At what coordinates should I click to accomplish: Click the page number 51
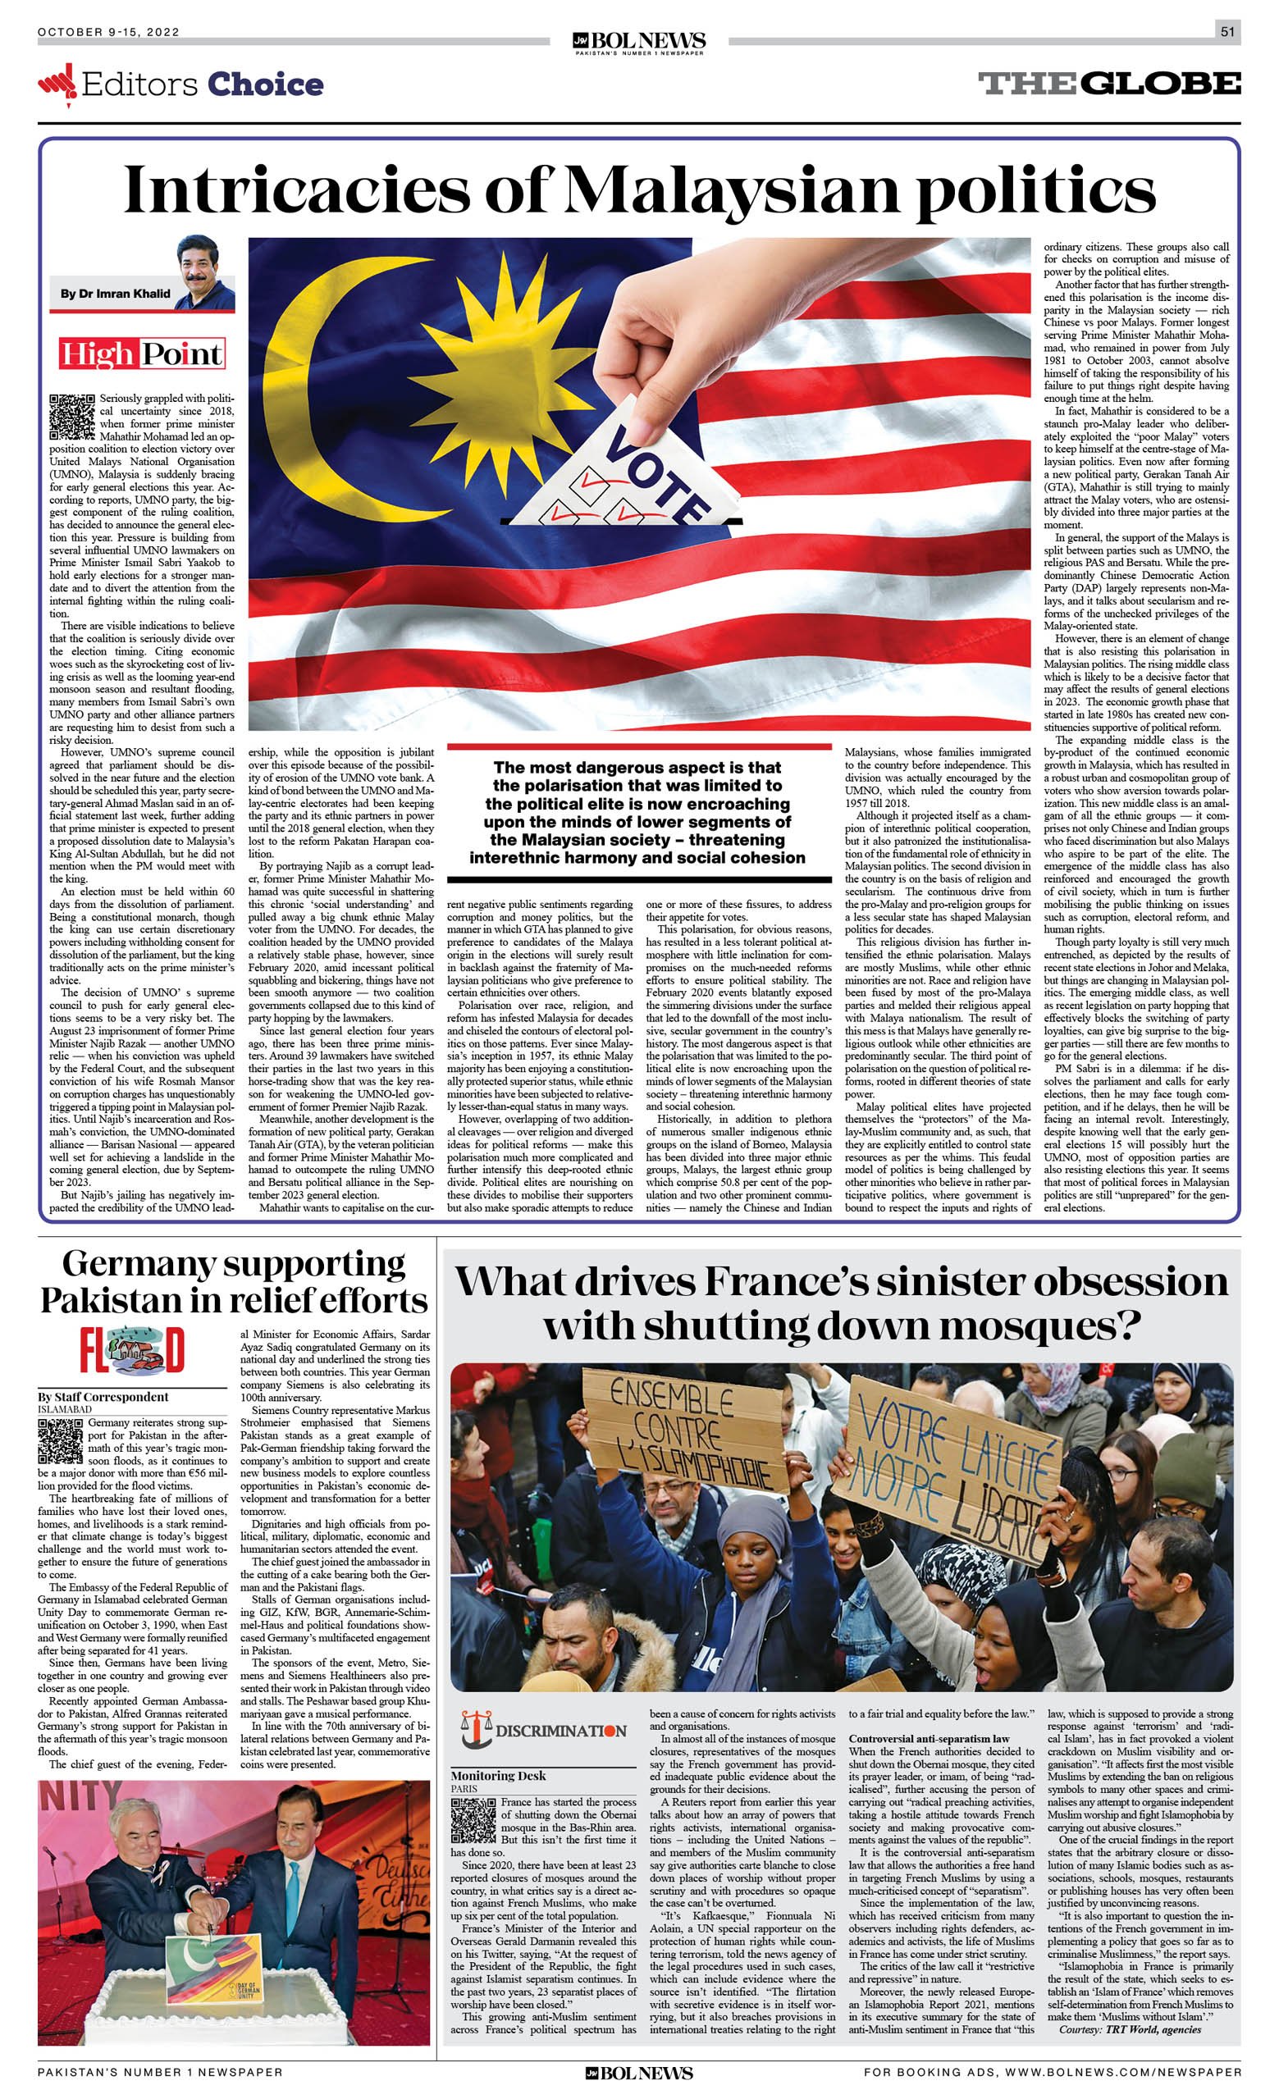coord(1227,32)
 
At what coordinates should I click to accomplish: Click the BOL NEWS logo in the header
coord(639,42)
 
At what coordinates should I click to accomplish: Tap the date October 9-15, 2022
coord(108,32)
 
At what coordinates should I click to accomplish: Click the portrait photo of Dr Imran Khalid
coord(203,272)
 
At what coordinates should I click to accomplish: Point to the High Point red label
coord(141,354)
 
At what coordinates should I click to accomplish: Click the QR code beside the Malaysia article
coord(71,417)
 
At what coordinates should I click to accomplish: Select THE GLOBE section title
coord(1108,84)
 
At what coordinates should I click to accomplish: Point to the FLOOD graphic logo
coord(132,1350)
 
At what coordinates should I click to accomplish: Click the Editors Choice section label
coord(181,84)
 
